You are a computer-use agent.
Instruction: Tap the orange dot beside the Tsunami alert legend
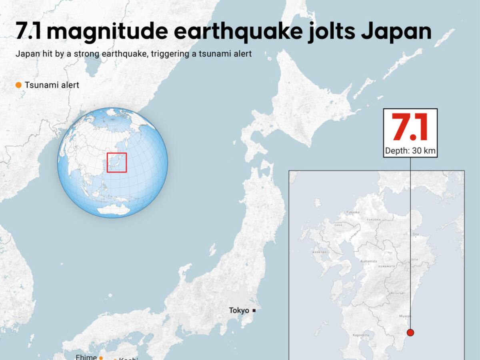18,85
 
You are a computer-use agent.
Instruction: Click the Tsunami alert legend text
52,85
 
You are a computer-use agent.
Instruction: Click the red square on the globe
117,162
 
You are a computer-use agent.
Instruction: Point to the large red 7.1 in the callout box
410,128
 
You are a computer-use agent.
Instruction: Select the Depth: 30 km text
410,151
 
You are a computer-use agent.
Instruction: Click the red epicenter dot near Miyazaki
410,332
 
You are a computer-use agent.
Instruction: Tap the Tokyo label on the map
239,310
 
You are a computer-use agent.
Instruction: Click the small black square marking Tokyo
254,310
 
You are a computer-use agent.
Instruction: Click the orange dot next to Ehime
101,358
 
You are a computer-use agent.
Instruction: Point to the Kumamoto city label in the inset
368,261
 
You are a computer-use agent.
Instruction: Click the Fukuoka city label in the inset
353,212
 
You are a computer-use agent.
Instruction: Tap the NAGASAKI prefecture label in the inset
320,252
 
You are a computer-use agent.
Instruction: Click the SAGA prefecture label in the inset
338,225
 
